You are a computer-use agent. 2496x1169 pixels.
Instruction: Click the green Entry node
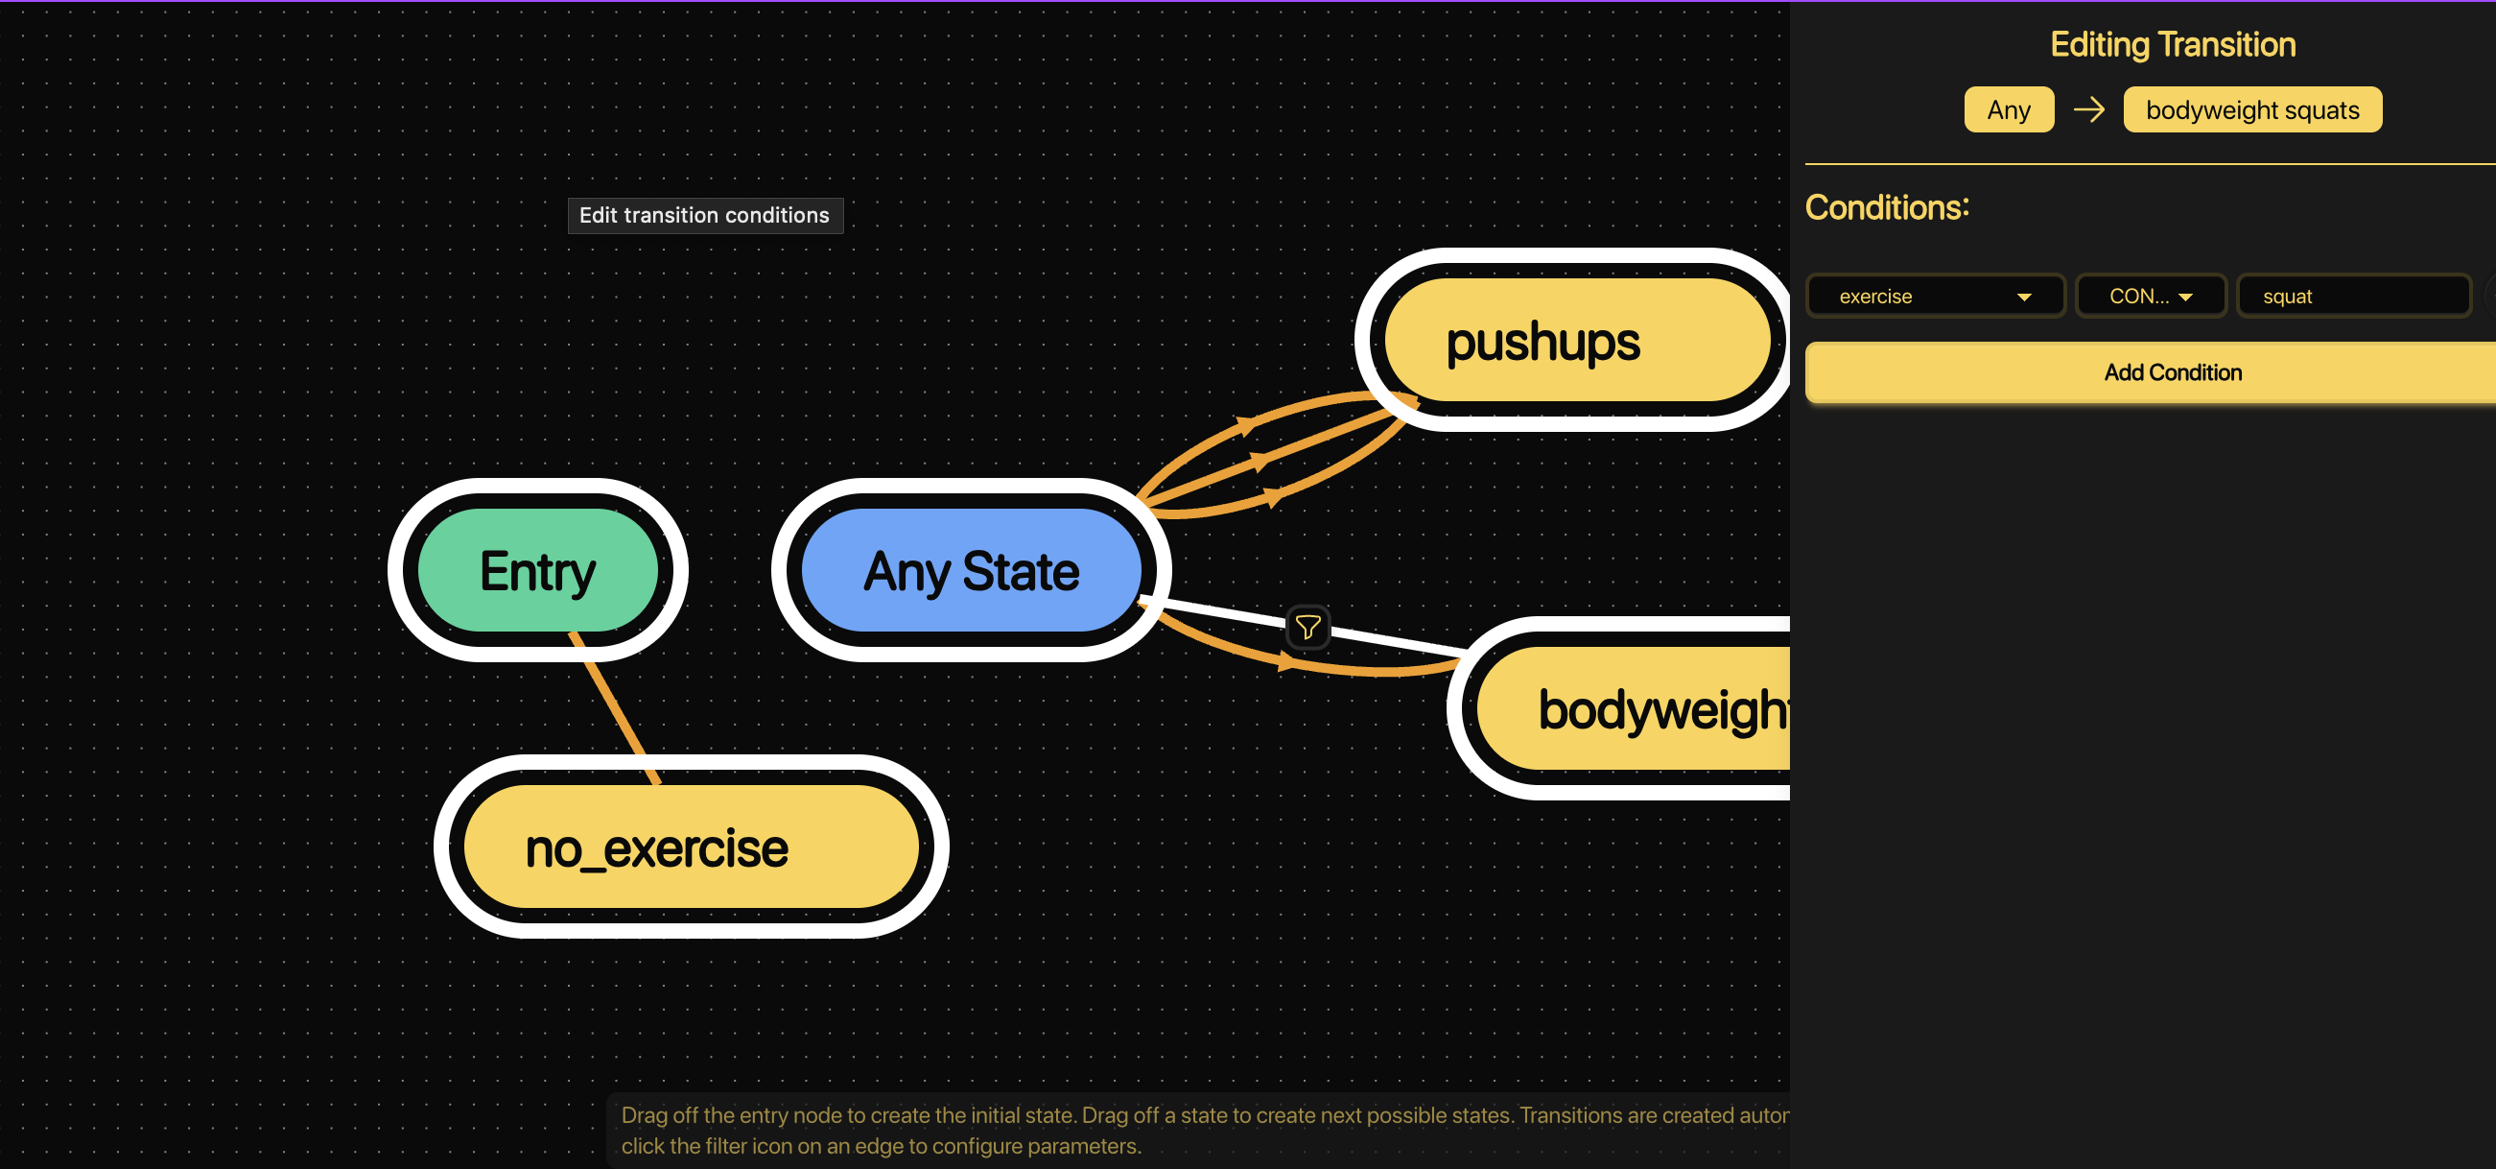pyautogui.click(x=538, y=570)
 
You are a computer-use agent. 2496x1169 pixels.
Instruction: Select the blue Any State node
pyautogui.click(x=970, y=570)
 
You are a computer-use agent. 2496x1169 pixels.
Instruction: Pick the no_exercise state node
pyautogui.click(x=690, y=847)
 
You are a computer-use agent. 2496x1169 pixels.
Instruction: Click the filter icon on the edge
pyautogui.click(x=1307, y=627)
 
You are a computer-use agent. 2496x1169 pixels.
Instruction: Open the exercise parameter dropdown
pyautogui.click(x=1934, y=296)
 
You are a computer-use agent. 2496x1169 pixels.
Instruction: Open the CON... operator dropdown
pyautogui.click(x=2149, y=296)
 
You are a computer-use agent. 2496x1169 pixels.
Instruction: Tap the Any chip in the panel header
pyautogui.click(x=2008, y=109)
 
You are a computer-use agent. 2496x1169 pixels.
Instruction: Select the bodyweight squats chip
pyautogui.click(x=2250, y=109)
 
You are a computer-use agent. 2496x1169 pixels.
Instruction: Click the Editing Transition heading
pyautogui.click(x=2172, y=44)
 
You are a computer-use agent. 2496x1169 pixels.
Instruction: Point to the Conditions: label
pyautogui.click(x=1886, y=207)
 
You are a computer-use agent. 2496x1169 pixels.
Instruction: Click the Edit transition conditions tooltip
pyautogui.click(x=704, y=215)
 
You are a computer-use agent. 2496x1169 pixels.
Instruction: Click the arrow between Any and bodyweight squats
pyautogui.click(x=2088, y=109)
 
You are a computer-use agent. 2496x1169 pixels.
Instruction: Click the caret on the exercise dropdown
pyautogui.click(x=2023, y=297)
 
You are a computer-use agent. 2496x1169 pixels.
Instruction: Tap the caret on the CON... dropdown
pyautogui.click(x=2185, y=297)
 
